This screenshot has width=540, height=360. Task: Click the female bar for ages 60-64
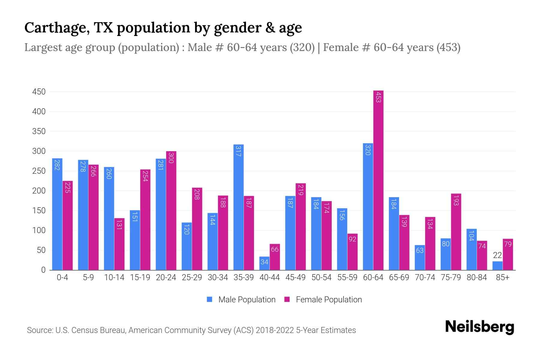[x=378, y=180]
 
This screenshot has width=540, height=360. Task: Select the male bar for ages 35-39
[x=238, y=207]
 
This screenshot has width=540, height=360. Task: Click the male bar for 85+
[x=497, y=266]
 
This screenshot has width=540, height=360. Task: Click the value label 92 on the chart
[x=352, y=239]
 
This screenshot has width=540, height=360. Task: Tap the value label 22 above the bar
[x=497, y=255]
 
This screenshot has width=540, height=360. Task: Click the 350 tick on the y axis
[x=39, y=131]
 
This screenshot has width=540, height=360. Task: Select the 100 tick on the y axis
[x=39, y=230]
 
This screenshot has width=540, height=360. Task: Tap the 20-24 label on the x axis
[x=166, y=277]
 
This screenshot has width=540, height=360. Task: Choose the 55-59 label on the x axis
[x=347, y=277]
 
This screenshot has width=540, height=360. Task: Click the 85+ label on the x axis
[x=502, y=277]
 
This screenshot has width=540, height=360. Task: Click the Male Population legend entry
[x=241, y=300]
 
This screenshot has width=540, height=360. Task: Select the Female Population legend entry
[x=323, y=300]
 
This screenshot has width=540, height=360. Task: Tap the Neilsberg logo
[x=479, y=327]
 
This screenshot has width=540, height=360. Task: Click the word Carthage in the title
[x=56, y=28]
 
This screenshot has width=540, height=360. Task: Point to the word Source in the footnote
[x=39, y=330]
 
